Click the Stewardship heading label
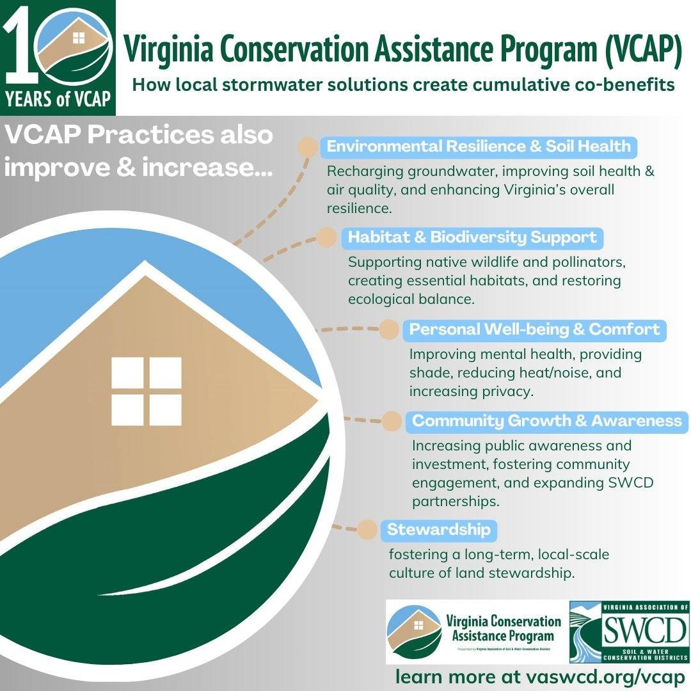(439, 530)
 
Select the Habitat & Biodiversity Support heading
(472, 238)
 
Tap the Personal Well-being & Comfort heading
(534, 330)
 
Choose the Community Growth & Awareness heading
(546, 421)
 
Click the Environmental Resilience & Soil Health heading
(479, 147)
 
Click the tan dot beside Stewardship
(367, 530)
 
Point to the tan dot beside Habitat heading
(327, 237)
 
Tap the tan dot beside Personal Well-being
(388, 330)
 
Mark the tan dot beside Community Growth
(392, 421)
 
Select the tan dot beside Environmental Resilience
(308, 147)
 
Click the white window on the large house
(147, 382)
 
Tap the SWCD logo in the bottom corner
(628, 632)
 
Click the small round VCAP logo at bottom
(414, 632)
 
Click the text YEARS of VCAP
(58, 100)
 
